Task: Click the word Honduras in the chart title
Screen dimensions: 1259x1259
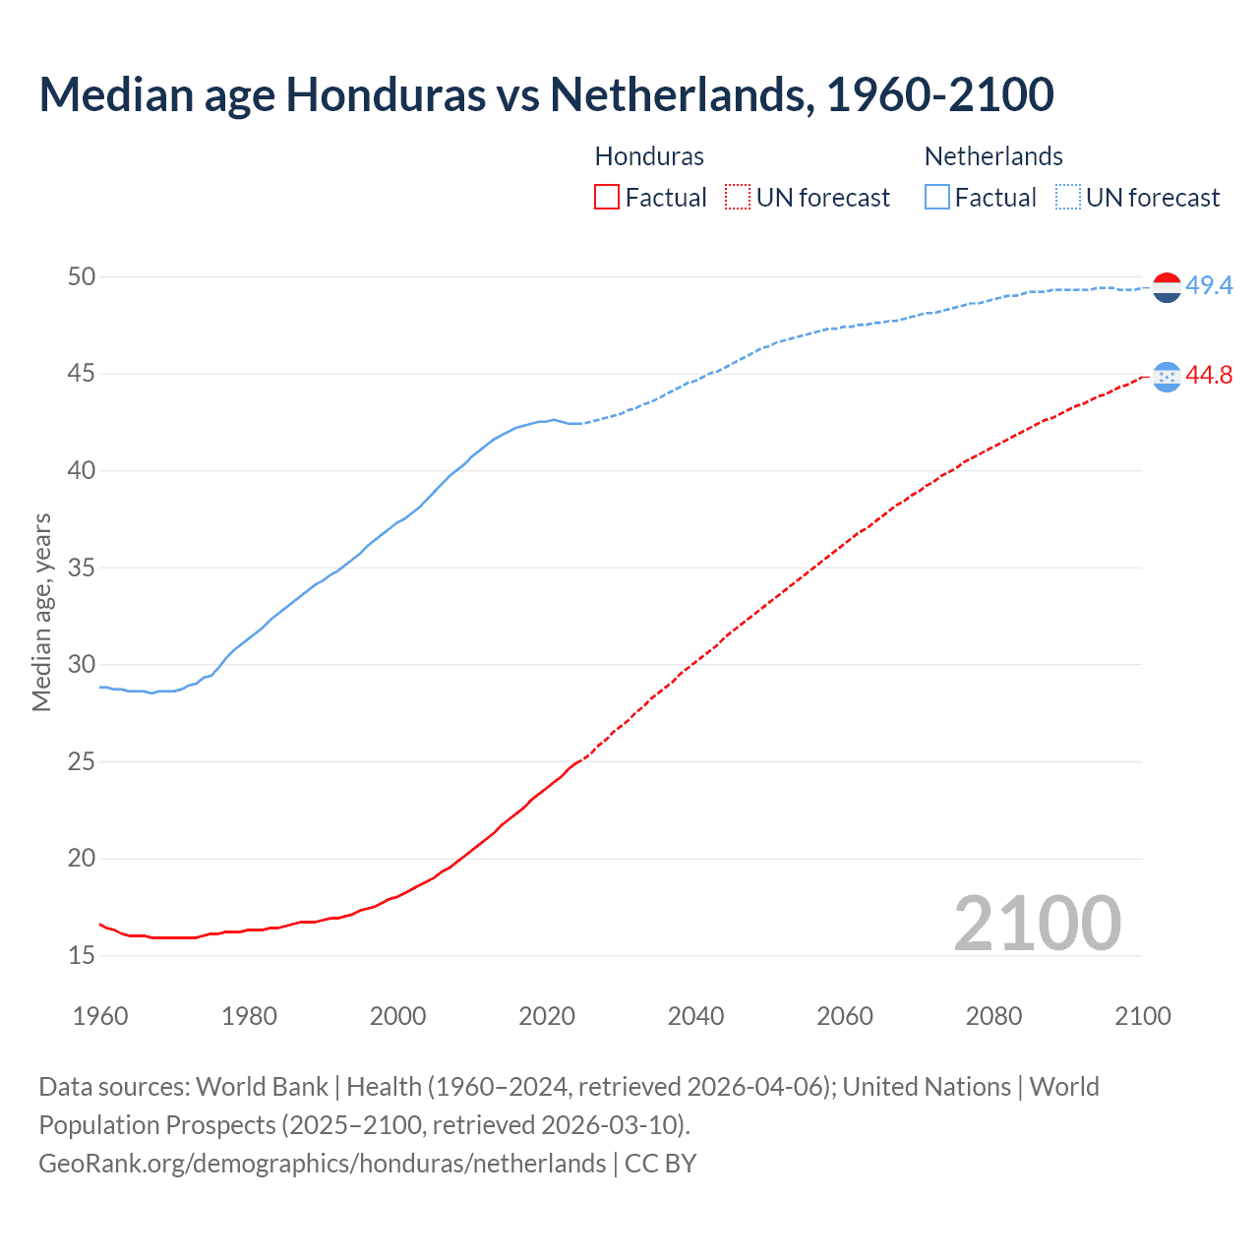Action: point(386,94)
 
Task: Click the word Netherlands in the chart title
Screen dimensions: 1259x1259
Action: point(681,94)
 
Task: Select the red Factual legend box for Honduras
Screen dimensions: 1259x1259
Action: point(607,198)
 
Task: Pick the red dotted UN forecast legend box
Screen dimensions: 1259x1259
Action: point(738,198)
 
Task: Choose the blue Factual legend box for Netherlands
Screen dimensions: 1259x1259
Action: point(937,198)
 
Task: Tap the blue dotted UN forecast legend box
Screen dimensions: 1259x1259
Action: point(1068,198)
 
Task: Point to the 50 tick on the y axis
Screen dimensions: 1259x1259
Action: point(82,277)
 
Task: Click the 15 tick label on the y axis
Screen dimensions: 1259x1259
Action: point(82,955)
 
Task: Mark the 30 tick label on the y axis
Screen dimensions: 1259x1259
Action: point(82,665)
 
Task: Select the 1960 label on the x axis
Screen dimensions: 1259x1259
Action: point(100,1016)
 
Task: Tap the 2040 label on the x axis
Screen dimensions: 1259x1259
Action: point(695,1016)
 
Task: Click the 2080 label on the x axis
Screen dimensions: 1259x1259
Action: point(993,1016)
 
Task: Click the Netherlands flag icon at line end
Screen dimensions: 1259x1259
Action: point(1167,287)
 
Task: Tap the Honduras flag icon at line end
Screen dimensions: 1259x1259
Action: point(1167,377)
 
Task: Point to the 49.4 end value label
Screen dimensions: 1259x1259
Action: point(1209,286)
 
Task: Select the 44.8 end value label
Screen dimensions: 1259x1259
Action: point(1209,376)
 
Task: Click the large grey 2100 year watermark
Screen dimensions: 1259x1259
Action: point(1037,924)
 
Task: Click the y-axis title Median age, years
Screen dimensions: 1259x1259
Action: point(41,612)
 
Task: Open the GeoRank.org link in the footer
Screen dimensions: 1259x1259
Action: point(322,1164)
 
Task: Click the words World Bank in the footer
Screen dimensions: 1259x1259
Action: point(262,1087)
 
